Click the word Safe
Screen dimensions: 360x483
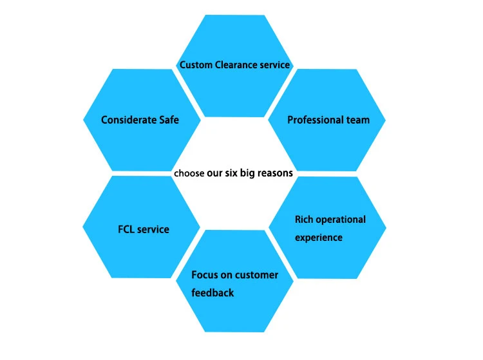[169, 120]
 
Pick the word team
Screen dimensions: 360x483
[358, 120]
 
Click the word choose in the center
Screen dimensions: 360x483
[189, 174]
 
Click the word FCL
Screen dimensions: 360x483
[127, 229]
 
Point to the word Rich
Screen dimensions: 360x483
[305, 220]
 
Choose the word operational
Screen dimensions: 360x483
[341, 220]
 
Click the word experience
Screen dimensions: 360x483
[319, 238]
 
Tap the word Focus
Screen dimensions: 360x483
[204, 275]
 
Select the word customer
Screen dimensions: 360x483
[256, 275]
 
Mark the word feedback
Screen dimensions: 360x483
[213, 293]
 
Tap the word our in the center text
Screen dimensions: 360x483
[214, 173]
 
